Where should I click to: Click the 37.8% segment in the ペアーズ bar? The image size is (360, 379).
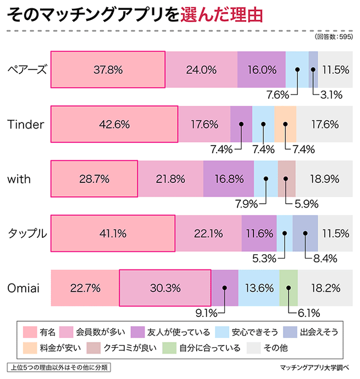(108, 69)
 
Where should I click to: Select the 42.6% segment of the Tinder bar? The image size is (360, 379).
(114, 124)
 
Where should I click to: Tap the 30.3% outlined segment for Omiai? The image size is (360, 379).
(165, 288)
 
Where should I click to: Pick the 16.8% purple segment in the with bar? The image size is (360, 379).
(229, 179)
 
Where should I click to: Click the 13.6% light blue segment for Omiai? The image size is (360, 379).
(259, 288)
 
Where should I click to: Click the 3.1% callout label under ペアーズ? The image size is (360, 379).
(331, 94)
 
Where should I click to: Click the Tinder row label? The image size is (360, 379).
(26, 124)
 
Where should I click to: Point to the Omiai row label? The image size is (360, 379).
(25, 288)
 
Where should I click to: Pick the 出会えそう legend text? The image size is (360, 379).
(319, 332)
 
